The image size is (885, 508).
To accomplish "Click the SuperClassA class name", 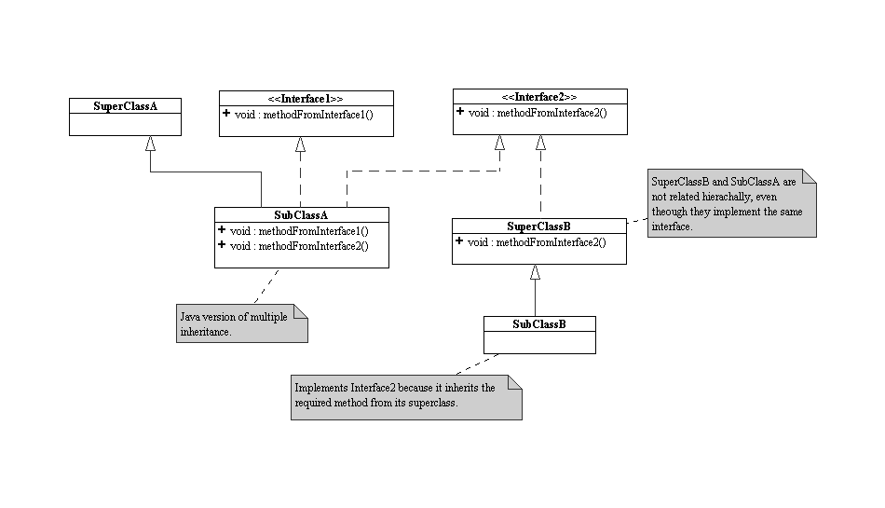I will pos(125,105).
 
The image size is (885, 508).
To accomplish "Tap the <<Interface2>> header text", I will pos(539,97).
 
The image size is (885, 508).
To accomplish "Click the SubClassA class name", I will pos(301,214).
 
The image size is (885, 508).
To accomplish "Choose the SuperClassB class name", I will pos(539,227).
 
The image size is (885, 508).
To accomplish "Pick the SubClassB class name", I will pos(539,323).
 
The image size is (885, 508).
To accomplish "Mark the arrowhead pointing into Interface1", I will pos(300,144).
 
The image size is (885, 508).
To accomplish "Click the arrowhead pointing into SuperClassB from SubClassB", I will pos(535,272).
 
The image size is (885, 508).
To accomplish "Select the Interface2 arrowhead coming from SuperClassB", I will pos(540,142).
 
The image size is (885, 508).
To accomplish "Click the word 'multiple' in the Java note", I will pos(268,318).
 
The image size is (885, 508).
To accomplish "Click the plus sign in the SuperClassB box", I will pos(459,242).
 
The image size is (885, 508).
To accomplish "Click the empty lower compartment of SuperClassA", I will pos(125,123).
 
